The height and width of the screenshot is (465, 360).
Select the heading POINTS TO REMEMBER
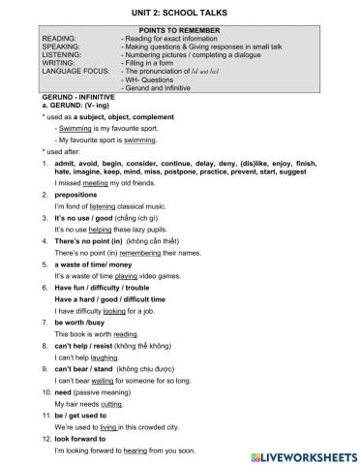(x=180, y=30)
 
